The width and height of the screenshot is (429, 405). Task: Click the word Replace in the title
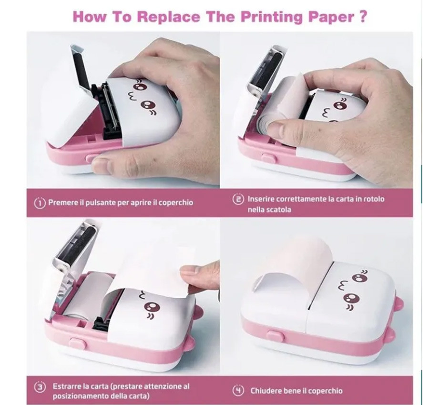coord(168,17)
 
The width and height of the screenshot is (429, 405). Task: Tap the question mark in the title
coord(362,16)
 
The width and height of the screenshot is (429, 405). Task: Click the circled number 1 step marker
coord(40,202)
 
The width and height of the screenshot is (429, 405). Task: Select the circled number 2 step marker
coord(238,199)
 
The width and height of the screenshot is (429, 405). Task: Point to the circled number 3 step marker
coord(40,387)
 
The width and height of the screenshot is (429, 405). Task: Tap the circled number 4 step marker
coord(238,390)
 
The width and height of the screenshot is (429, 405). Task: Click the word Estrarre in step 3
coord(68,386)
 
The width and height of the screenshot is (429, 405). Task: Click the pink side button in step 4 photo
coord(275,335)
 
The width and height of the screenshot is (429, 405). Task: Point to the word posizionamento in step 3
coord(81,396)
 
